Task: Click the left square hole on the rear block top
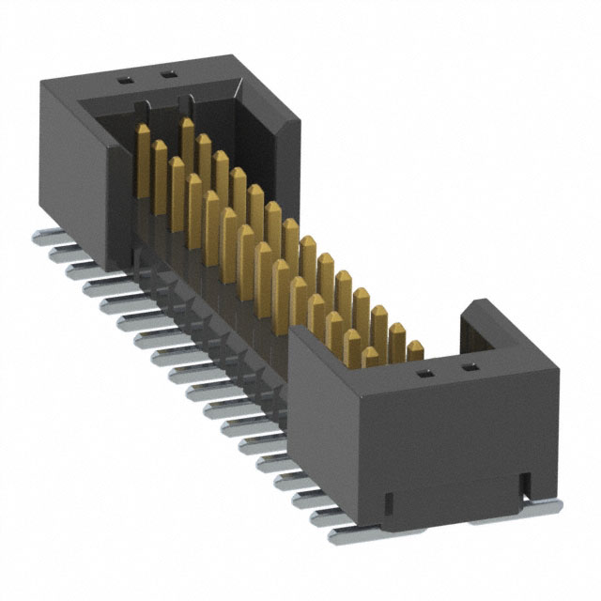(125, 81)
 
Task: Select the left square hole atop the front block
(424, 374)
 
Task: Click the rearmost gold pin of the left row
(143, 160)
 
